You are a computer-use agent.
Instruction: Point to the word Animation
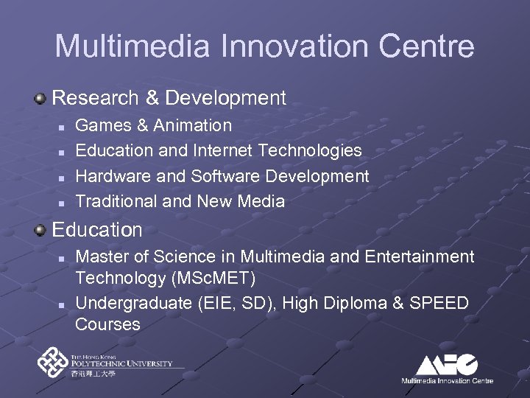pyautogui.click(x=192, y=126)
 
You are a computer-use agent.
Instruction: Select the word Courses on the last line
pyautogui.click(x=108, y=324)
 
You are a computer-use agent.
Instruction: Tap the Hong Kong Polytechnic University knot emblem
pyautogui.click(x=52, y=363)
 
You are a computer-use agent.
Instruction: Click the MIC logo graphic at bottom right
pyautogui.click(x=446, y=364)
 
